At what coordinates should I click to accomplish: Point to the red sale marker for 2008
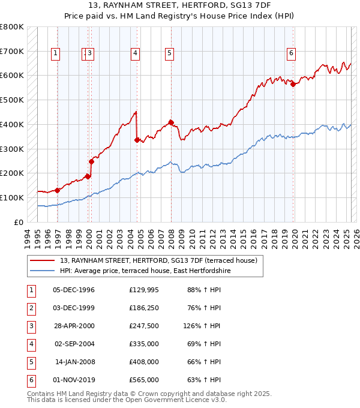click(x=171, y=122)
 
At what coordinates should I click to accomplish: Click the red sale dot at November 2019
click(x=293, y=84)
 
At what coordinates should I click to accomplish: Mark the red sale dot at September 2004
click(x=137, y=140)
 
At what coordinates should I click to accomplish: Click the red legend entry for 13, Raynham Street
click(x=158, y=260)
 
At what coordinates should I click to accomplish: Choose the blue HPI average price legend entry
click(x=145, y=271)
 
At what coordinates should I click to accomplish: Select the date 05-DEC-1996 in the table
click(x=74, y=290)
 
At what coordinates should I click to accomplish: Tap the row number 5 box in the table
click(x=30, y=362)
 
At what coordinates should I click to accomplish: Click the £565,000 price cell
click(x=143, y=380)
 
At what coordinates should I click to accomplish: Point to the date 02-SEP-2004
click(x=74, y=344)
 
